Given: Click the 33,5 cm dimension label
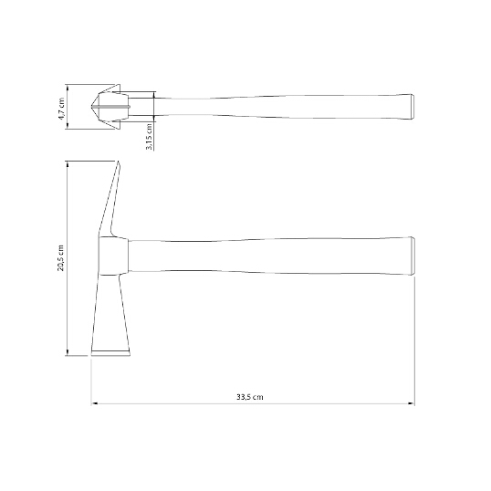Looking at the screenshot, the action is tap(249, 397).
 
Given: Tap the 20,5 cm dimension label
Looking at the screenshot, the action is tap(60, 258).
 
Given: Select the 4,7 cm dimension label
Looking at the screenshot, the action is tap(61, 109).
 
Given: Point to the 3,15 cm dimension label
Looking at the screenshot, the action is tap(150, 136).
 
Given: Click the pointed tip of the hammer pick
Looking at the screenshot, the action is tap(119, 162).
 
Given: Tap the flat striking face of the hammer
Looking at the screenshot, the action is tap(110, 353).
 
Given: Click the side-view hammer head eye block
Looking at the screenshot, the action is tap(113, 256).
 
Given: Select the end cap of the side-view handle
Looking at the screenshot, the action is tap(413, 256).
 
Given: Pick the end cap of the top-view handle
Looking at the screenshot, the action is tap(413, 107).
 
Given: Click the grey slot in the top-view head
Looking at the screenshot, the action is tap(110, 107).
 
